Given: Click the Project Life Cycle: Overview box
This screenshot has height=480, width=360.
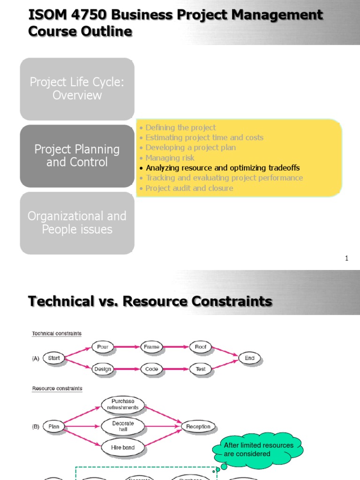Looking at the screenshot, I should click(x=77, y=89).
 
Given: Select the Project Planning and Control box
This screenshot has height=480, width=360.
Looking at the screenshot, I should click(x=77, y=156).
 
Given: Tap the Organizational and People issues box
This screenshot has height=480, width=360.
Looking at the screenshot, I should click(x=77, y=223).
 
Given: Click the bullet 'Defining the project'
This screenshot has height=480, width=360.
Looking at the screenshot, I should click(x=180, y=127).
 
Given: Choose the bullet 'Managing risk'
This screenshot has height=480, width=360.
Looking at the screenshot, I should click(x=170, y=158).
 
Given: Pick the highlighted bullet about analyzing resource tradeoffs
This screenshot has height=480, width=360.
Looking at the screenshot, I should click(x=223, y=168).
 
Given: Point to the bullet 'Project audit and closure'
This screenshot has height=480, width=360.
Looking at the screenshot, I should click(x=189, y=188).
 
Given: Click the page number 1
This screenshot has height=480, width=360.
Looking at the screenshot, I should click(x=347, y=258).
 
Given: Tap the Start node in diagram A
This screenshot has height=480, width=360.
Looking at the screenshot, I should click(x=54, y=358).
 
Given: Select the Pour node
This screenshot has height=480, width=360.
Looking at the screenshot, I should click(x=103, y=347).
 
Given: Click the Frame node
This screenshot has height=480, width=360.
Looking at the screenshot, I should click(x=151, y=347).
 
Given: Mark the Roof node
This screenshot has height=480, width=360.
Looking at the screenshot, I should click(x=201, y=347).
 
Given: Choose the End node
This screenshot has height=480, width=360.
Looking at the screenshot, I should click(x=249, y=358).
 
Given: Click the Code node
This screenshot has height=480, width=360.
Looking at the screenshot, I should click(x=151, y=369).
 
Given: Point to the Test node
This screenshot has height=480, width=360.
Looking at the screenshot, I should click(x=201, y=369).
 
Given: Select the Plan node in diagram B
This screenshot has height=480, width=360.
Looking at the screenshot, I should click(x=54, y=427).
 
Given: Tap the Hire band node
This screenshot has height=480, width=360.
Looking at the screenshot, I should click(x=123, y=448).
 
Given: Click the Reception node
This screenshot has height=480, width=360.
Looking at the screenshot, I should click(x=198, y=427).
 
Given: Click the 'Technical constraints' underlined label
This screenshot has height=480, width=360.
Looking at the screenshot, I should click(x=57, y=334).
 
